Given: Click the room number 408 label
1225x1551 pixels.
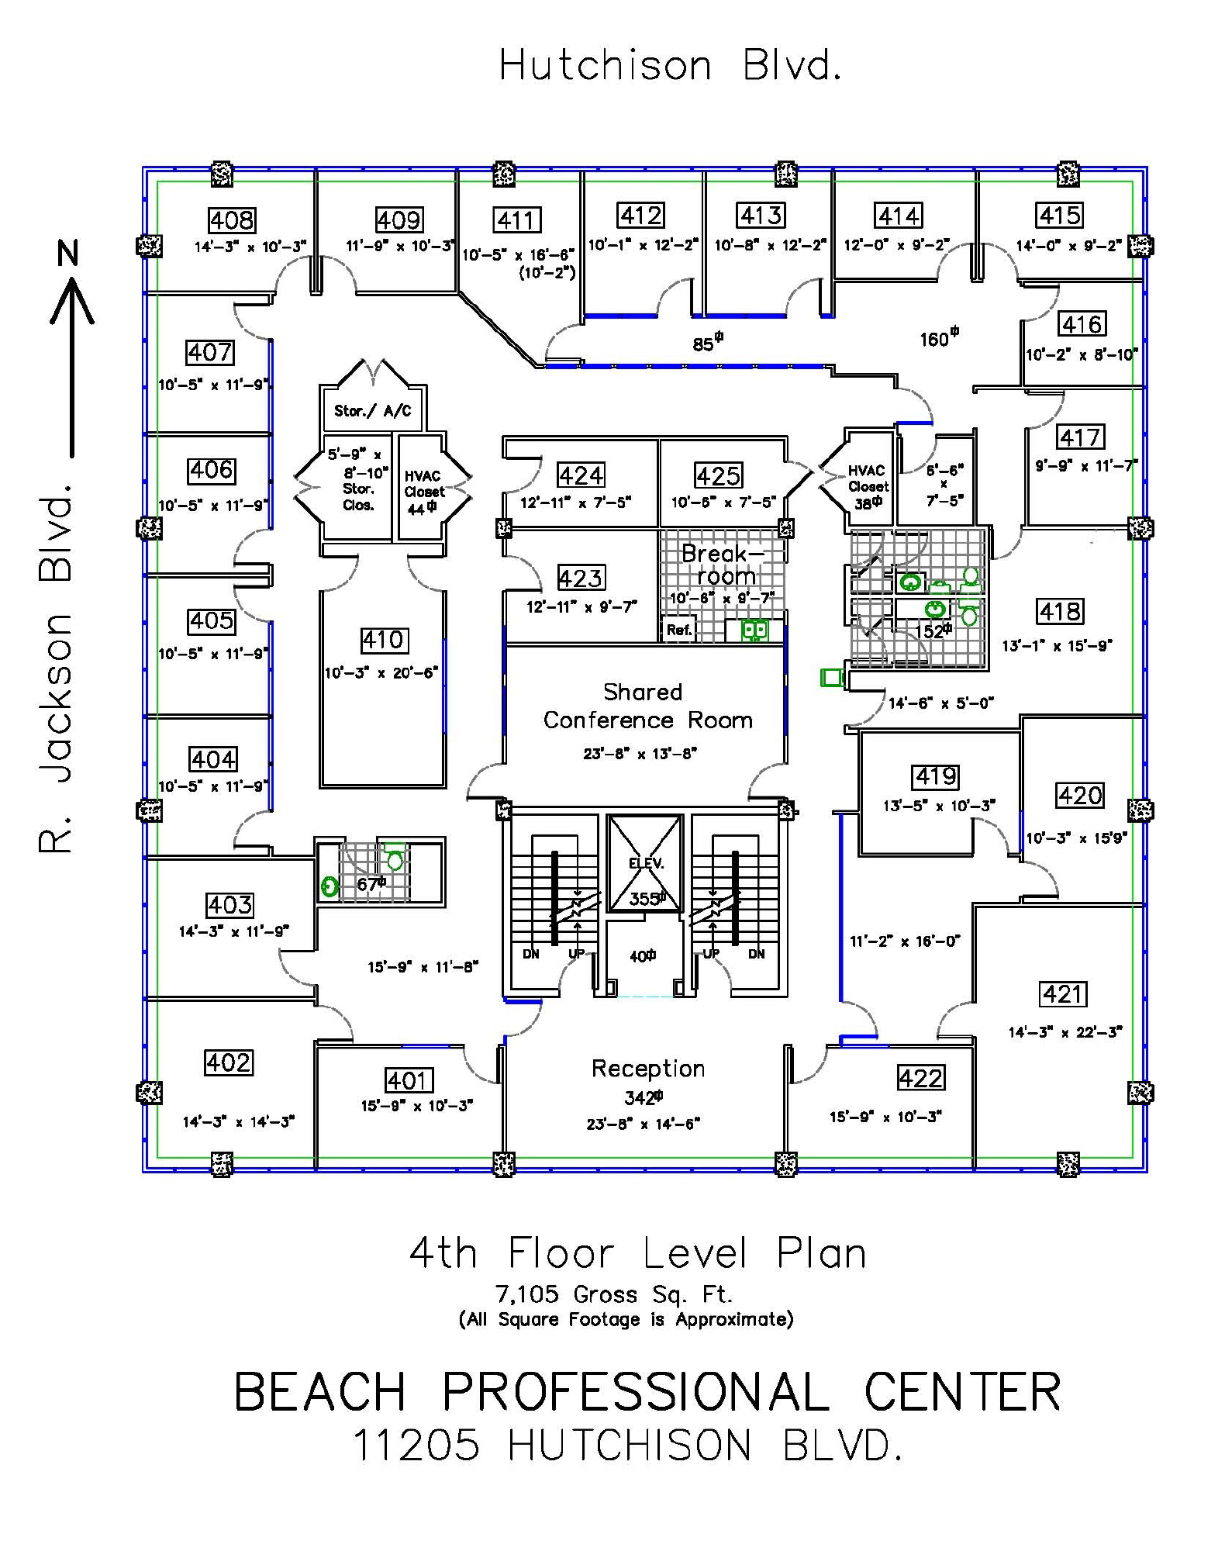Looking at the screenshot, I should (x=232, y=220).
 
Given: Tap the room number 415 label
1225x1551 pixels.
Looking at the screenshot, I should (x=1060, y=215).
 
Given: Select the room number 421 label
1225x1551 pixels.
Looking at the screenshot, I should (x=1064, y=993).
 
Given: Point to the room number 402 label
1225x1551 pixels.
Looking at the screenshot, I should (x=229, y=1062).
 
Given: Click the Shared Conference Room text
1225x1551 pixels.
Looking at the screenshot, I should (x=647, y=706).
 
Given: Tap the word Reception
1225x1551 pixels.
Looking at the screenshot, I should (x=648, y=1068).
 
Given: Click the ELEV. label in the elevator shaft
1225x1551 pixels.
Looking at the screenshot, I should (x=646, y=862).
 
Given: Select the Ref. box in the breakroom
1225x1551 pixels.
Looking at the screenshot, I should (x=679, y=630).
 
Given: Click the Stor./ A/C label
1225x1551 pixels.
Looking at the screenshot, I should (x=372, y=410).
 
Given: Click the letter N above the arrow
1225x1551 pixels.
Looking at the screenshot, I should (x=71, y=253).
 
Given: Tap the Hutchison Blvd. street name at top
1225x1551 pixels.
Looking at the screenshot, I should (x=670, y=65).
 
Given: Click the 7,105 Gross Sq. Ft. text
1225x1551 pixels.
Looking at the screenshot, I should (x=613, y=1294).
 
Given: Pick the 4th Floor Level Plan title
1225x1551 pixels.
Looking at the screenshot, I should (x=637, y=1254).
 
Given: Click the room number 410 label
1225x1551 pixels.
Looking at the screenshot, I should (x=383, y=640).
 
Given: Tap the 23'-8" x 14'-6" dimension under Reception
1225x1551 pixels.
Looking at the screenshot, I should (x=643, y=1124).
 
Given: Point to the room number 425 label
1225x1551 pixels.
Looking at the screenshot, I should (x=719, y=475).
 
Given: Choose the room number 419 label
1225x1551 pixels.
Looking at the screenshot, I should (x=936, y=776).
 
